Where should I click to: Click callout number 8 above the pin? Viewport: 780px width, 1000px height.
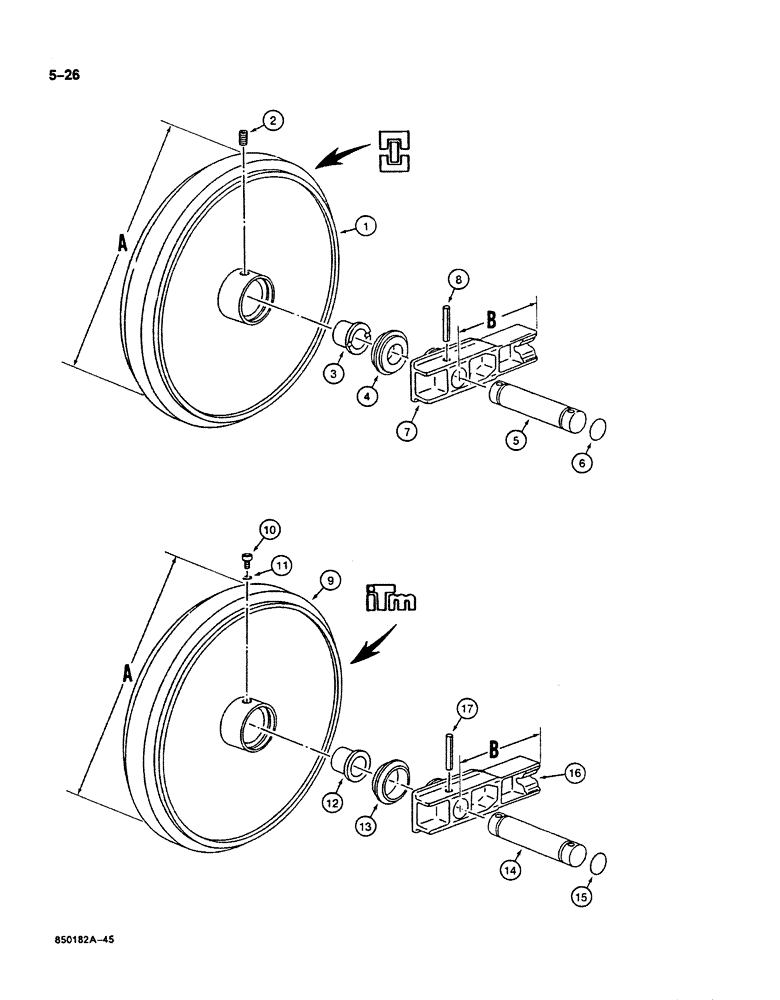455,281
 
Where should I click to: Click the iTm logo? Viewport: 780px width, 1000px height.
389,601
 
